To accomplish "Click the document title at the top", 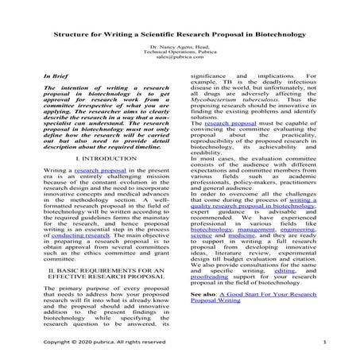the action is pyautogui.click(x=180, y=37).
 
